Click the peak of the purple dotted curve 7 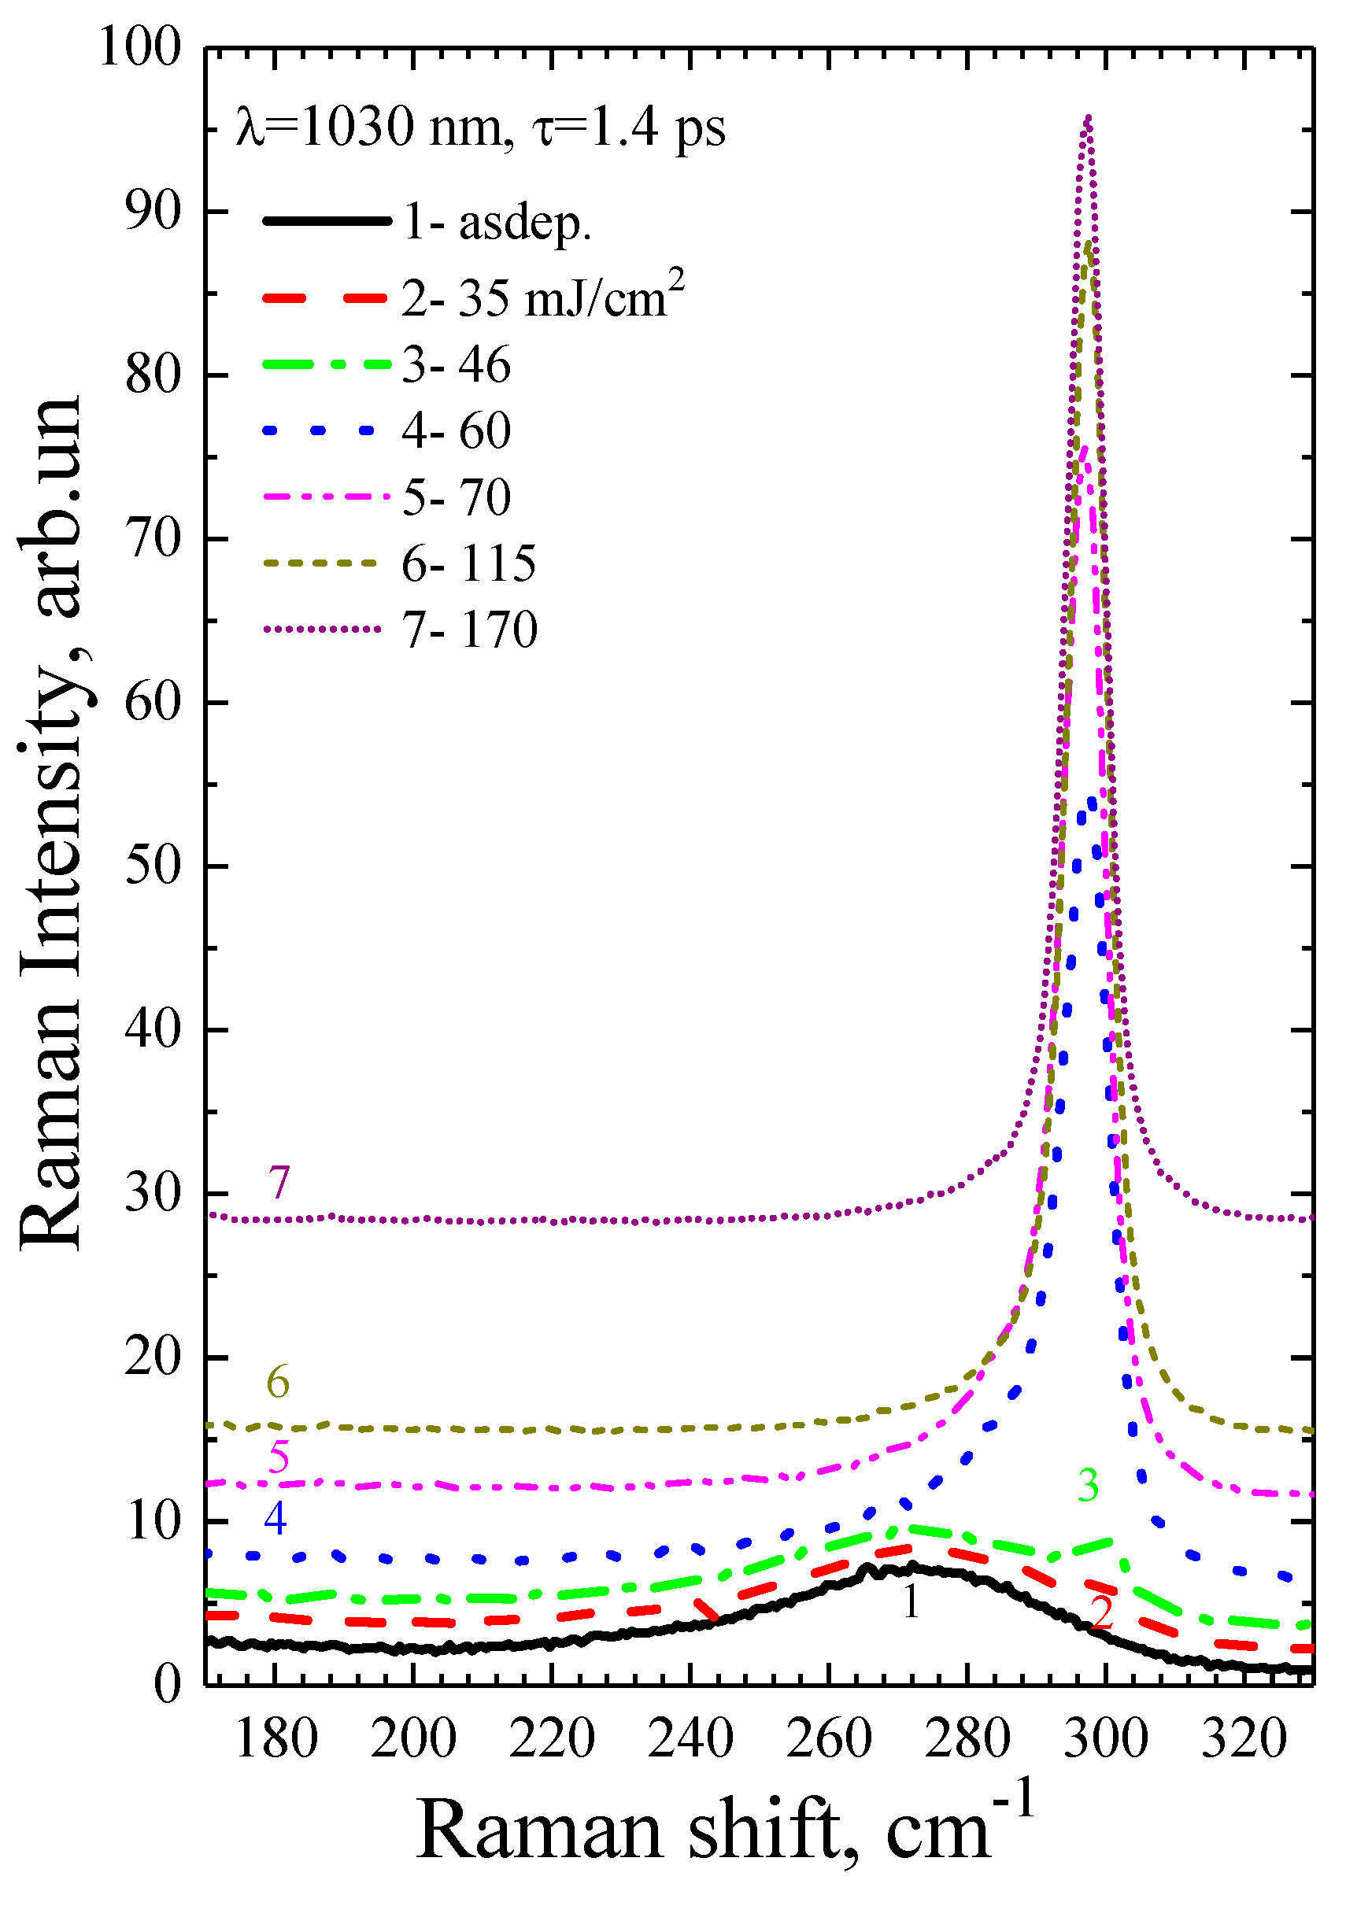[x=1087, y=118]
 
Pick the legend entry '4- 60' [x=456, y=430]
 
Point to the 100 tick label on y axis [x=140, y=47]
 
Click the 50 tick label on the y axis [x=153, y=866]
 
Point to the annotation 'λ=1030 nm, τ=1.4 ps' [x=481, y=127]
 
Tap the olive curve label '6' [x=278, y=1383]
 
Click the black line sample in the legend [x=327, y=221]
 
